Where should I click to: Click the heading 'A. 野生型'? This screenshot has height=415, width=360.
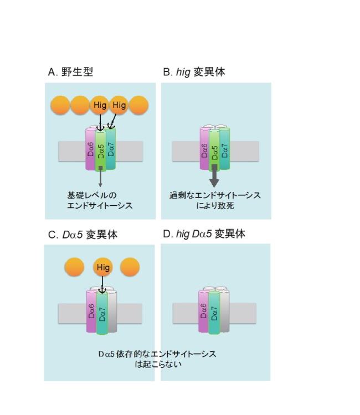70,72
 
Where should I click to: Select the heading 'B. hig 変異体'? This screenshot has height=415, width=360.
194,72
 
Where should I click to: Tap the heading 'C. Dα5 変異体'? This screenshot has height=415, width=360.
83,235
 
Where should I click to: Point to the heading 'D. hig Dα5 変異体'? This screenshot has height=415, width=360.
204,234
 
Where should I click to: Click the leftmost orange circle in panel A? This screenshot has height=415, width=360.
60,105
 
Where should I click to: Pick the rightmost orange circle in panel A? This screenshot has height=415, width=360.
138,105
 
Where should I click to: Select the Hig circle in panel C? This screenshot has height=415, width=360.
103,267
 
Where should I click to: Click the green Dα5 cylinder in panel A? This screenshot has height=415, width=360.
100,151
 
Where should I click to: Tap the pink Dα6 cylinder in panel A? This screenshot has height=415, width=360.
90,149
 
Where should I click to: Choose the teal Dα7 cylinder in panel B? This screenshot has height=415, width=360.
225,149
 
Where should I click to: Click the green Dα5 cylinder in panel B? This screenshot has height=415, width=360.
214,151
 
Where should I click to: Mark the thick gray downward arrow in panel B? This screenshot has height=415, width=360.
214,176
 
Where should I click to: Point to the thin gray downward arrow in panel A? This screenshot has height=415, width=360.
100,177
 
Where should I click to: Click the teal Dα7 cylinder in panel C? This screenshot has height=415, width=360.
102,313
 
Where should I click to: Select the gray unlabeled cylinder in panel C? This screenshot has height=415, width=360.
112,311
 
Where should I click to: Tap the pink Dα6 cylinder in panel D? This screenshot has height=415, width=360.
203,311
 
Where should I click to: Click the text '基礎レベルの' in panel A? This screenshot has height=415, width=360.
92,195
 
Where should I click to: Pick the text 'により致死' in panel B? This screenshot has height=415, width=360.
215,206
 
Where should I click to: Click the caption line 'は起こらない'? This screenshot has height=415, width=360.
158,364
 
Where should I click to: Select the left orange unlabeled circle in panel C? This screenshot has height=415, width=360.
74,267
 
